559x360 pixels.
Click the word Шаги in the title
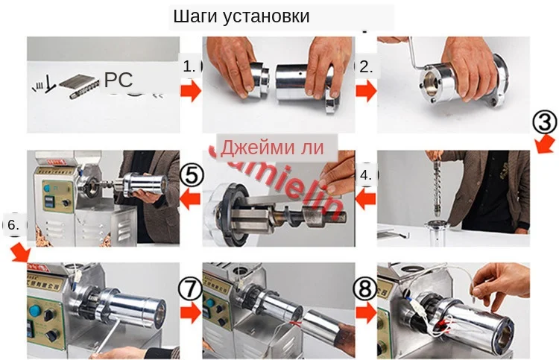pos(195,16)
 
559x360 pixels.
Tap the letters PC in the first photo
pos(119,80)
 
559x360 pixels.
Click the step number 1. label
pos(191,66)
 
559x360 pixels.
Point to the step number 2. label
pos(367,66)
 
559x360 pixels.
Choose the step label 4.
pos(366,177)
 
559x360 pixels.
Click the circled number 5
pos(192,175)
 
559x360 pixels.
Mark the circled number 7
pos(191,288)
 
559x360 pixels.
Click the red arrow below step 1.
pos(191,92)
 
